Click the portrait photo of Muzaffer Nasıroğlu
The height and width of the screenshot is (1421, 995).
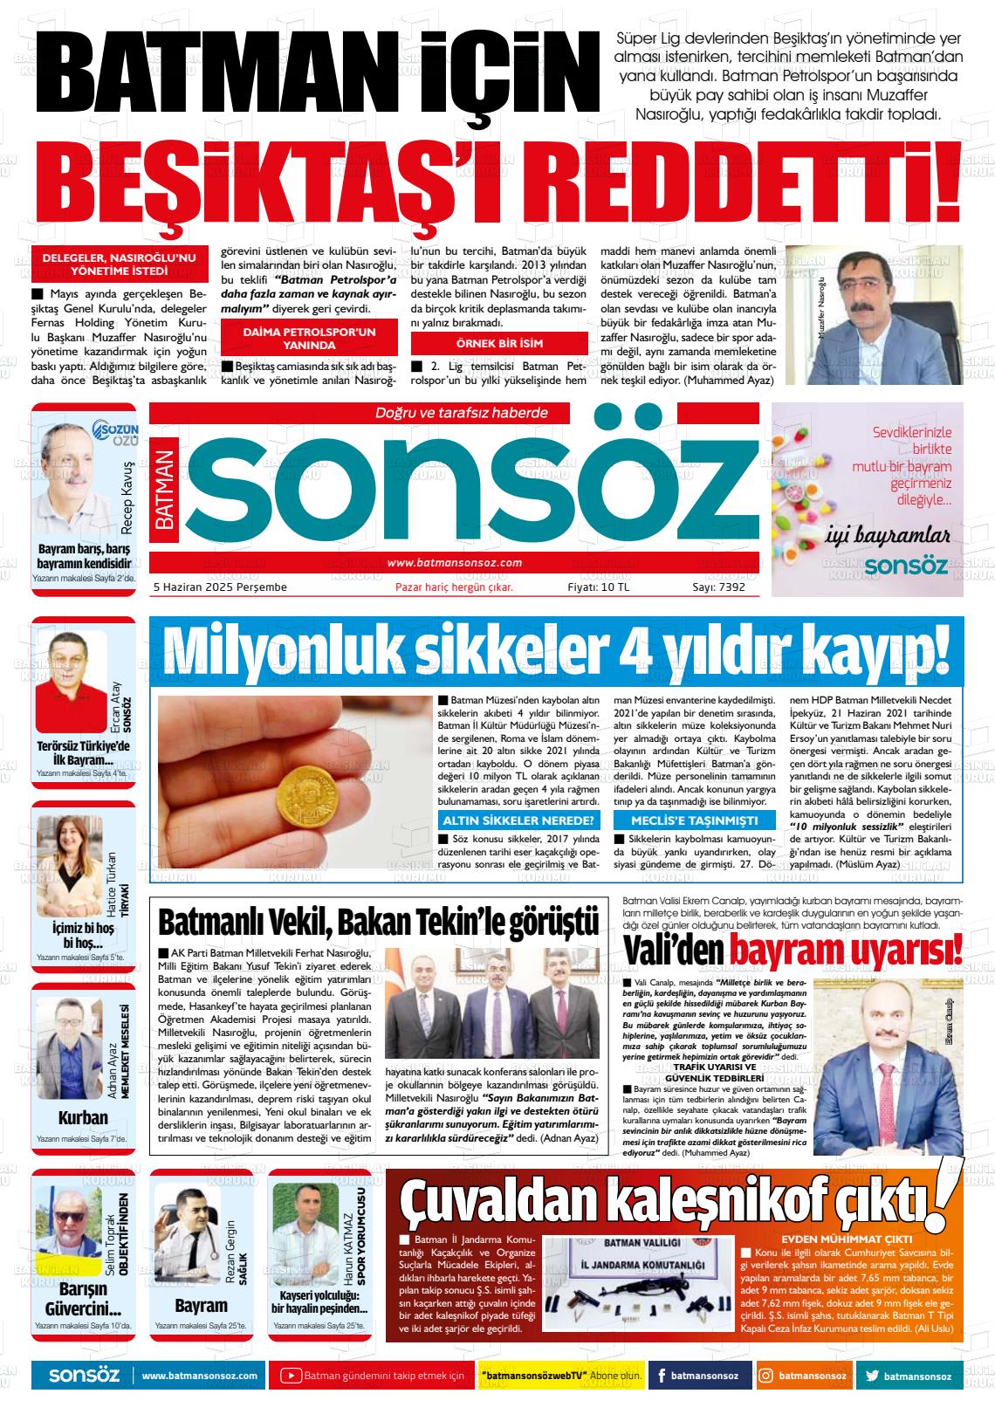click(x=875, y=315)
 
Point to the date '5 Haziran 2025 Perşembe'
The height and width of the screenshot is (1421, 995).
click(x=220, y=587)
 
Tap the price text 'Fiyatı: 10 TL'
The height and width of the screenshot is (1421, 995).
click(x=598, y=587)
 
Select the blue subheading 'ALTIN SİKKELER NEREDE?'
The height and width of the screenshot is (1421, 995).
click(x=518, y=820)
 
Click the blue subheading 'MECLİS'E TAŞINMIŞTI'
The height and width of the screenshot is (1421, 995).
click(x=694, y=820)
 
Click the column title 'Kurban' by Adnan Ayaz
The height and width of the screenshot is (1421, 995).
click(x=83, y=1117)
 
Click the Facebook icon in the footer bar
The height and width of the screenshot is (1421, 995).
click(x=662, y=1376)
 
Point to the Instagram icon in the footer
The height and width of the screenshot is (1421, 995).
click(x=765, y=1376)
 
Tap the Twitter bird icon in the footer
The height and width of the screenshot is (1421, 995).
click(x=872, y=1376)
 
